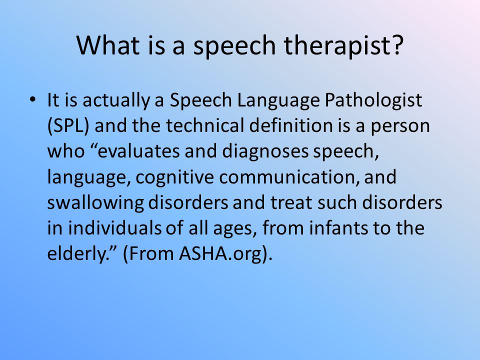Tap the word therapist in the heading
coord(343,46)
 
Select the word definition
coord(291,125)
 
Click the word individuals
coord(114,228)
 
